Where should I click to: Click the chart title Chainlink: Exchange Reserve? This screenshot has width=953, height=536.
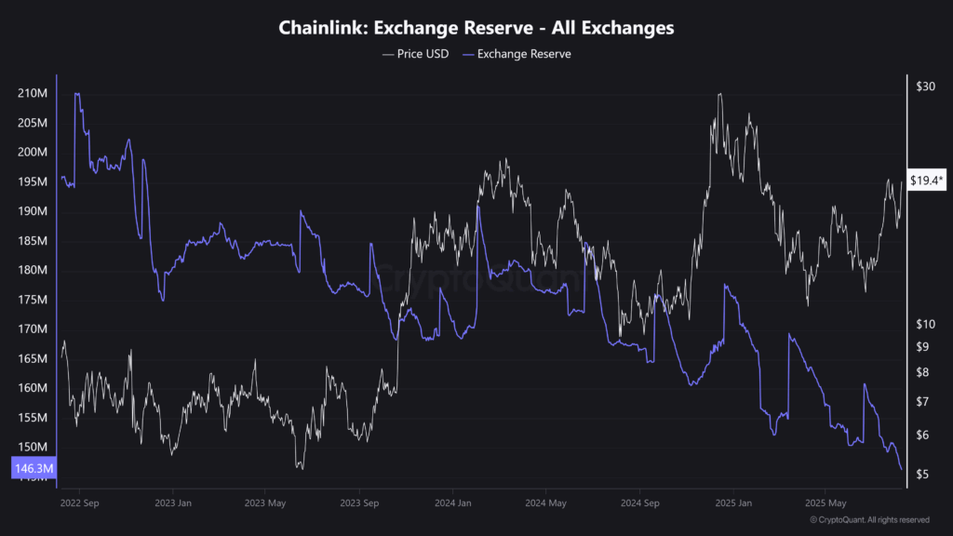click(476, 28)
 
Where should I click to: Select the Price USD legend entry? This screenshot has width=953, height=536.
click(415, 54)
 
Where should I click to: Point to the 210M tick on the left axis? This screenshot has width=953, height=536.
click(32, 93)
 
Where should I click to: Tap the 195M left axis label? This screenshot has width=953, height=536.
click(32, 181)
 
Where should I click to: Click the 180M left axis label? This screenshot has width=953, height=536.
click(32, 270)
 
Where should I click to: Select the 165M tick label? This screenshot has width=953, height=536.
click(32, 358)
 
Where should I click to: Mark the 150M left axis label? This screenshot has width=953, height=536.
click(32, 447)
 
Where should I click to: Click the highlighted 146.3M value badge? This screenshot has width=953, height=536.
click(33, 469)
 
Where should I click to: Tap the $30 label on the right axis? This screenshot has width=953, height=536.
click(925, 87)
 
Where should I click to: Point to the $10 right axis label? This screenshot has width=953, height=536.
click(925, 324)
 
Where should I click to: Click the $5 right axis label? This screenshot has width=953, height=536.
click(921, 475)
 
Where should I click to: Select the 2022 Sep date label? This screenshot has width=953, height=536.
click(78, 502)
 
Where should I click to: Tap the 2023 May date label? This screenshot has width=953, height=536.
click(265, 502)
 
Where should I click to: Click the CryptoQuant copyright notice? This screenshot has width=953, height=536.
click(869, 519)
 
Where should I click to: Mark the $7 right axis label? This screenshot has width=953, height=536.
click(921, 401)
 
